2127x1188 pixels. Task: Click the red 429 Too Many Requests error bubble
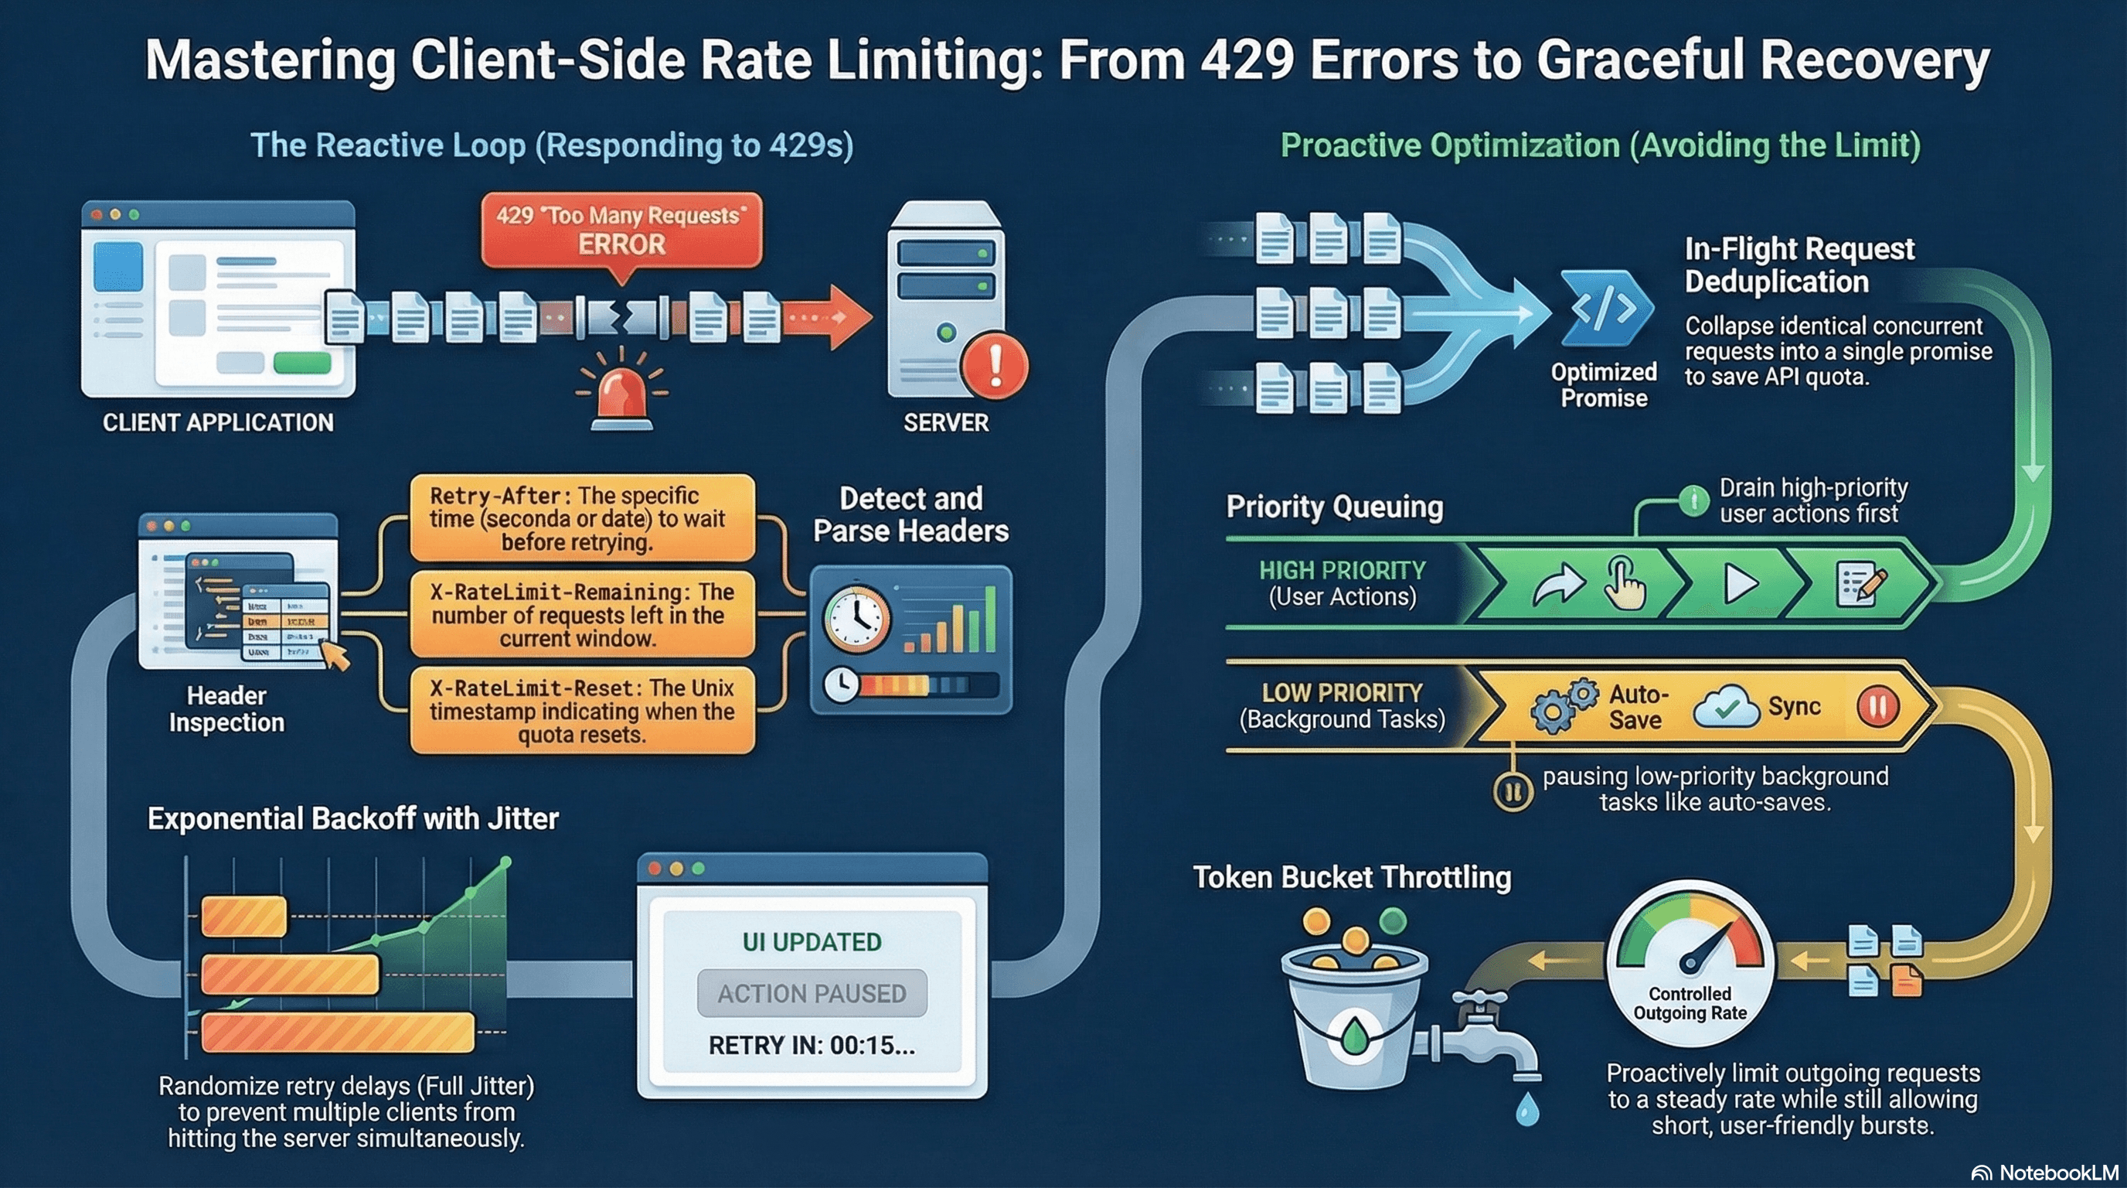pos(621,230)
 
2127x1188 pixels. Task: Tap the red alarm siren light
pos(621,396)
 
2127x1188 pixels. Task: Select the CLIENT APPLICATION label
pos(218,423)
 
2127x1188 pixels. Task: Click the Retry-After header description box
pos(582,519)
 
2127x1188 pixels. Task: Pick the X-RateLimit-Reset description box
pos(582,711)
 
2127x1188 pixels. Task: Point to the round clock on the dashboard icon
pos(857,619)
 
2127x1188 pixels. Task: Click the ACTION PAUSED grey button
pos(812,993)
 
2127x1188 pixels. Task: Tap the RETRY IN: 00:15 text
pos(812,1046)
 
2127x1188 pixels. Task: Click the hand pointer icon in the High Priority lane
pos(1623,583)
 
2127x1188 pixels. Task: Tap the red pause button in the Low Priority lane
pos(1877,707)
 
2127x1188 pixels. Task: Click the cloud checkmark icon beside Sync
pos(1726,708)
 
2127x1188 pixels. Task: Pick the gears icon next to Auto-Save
pos(1563,706)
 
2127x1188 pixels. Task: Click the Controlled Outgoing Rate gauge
pos(1690,962)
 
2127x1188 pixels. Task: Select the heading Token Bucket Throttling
pos(1352,877)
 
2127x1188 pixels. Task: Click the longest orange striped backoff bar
pos(339,1033)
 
